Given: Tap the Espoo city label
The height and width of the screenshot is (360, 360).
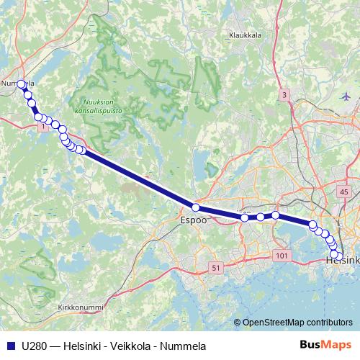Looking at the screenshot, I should click(193, 220).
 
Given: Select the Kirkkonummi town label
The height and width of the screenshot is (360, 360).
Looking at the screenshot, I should click(80, 307).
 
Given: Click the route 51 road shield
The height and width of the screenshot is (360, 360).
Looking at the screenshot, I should click(215, 268).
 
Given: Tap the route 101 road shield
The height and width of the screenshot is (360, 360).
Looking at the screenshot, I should click(281, 255).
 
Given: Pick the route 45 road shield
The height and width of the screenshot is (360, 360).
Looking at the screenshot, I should click(343, 192).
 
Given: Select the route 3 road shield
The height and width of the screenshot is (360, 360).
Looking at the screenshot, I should click(284, 95).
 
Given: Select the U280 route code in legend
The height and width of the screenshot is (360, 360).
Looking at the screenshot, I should click(34, 346).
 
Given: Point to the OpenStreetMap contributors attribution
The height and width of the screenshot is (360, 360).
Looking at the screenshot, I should click(297, 322).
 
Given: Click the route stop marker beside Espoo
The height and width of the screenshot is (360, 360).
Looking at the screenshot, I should click(195, 207).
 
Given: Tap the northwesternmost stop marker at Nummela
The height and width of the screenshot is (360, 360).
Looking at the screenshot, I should click(21, 84).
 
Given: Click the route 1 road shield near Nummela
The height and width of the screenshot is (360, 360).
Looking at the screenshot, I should click(45, 127).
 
